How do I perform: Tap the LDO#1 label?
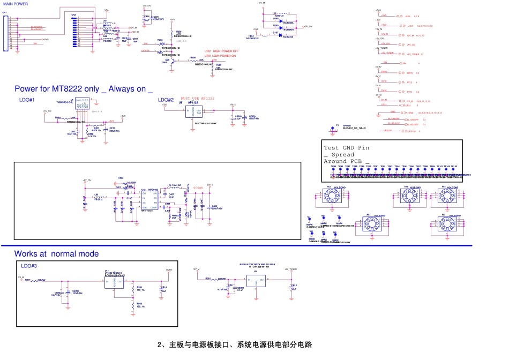[27, 100]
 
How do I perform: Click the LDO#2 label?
[166, 100]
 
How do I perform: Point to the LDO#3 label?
[29, 266]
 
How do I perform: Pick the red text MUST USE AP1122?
[197, 98]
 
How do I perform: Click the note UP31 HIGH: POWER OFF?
[221, 51]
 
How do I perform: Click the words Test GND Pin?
[346, 148]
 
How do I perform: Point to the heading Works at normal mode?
[56, 254]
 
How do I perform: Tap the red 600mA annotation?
[198, 189]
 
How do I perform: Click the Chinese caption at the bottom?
[235, 344]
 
